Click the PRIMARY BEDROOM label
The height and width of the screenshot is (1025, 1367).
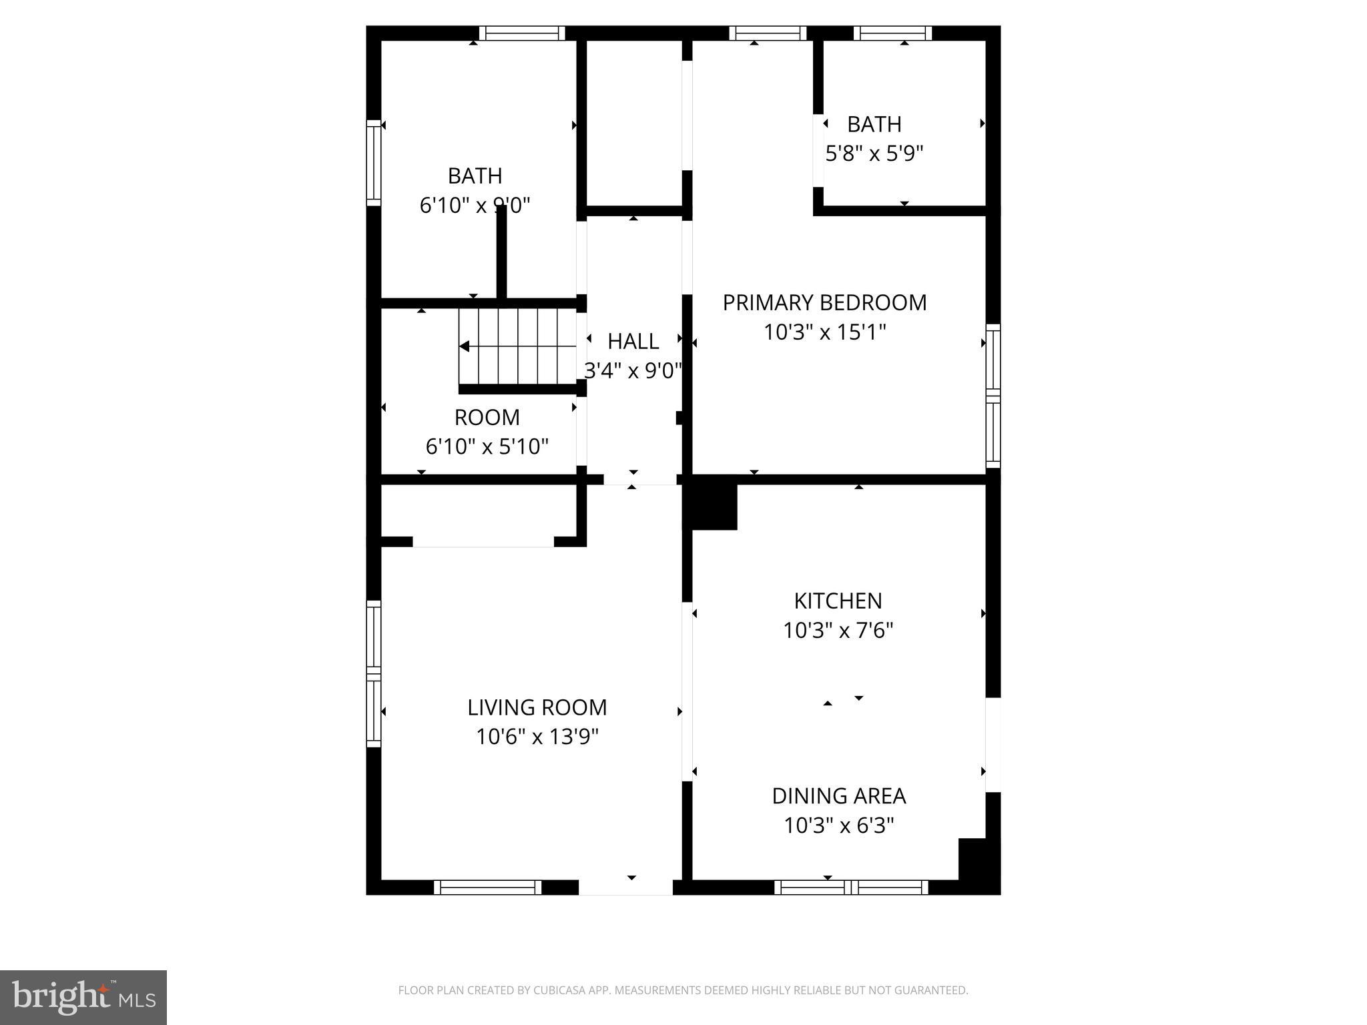(x=824, y=303)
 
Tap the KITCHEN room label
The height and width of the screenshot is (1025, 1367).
(x=838, y=601)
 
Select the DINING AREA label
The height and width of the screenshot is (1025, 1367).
(x=838, y=796)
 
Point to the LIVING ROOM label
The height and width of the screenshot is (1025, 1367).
(x=537, y=707)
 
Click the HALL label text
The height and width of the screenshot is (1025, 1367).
(x=633, y=342)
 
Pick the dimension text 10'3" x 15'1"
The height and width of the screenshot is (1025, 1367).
(x=824, y=332)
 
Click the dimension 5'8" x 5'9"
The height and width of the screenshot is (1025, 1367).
(x=874, y=154)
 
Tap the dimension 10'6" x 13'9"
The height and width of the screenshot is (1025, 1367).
(x=537, y=737)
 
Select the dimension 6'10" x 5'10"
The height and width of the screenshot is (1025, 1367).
(x=487, y=446)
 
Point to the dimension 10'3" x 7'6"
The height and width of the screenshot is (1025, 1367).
(x=838, y=631)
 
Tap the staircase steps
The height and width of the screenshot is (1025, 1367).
(x=517, y=346)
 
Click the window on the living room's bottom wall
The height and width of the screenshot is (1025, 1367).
(x=487, y=888)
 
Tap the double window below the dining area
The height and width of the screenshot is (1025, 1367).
(x=851, y=888)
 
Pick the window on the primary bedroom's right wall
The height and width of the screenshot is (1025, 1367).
(x=993, y=396)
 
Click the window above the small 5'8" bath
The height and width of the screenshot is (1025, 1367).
(x=892, y=33)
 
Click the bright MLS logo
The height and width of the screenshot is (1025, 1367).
(x=83, y=998)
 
